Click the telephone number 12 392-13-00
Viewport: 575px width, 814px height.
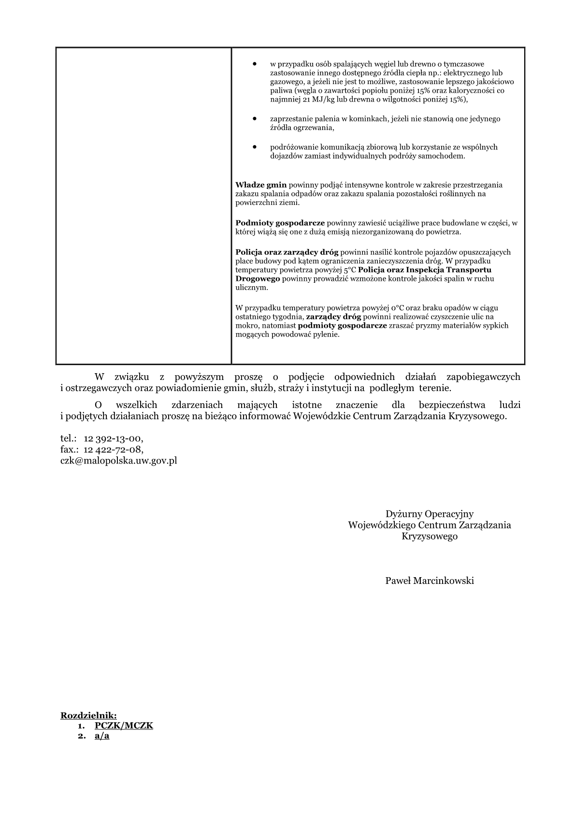point(113,438)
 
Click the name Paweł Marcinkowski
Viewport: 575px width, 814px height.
point(429,581)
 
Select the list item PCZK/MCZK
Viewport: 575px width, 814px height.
point(124,726)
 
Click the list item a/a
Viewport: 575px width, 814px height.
point(102,736)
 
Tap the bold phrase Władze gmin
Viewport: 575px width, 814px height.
point(261,185)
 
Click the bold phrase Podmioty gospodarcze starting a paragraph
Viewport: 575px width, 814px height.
point(280,223)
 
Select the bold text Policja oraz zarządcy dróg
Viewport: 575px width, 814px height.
point(287,252)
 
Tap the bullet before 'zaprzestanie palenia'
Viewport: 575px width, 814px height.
point(255,118)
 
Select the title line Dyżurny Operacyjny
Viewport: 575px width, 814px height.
point(429,514)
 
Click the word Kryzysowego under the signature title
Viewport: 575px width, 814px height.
point(429,536)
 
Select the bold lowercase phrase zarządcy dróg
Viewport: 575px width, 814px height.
point(333,317)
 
